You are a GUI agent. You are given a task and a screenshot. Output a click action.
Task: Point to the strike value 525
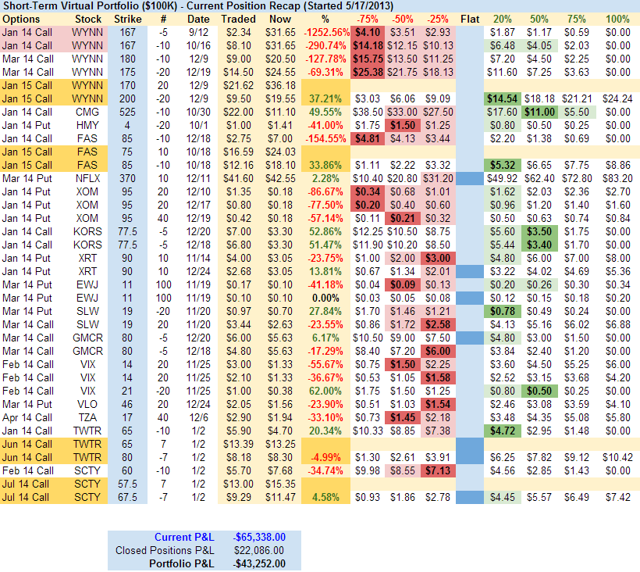pos(128,112)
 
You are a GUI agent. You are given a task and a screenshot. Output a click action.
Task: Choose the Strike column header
pos(128,18)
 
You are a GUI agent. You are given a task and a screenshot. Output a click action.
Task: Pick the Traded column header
pos(237,18)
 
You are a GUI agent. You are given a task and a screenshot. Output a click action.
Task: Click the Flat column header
pos(471,18)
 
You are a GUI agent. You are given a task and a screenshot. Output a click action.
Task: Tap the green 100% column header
pos(617,18)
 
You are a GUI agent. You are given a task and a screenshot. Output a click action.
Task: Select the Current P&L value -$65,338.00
pos(259,537)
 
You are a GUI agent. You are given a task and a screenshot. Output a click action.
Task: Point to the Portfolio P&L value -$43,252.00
pos(259,563)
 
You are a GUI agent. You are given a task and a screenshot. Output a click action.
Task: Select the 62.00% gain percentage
pos(325,391)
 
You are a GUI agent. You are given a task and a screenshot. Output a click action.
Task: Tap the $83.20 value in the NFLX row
pos(617,178)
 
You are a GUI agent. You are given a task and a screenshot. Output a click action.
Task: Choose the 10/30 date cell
pos(198,112)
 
